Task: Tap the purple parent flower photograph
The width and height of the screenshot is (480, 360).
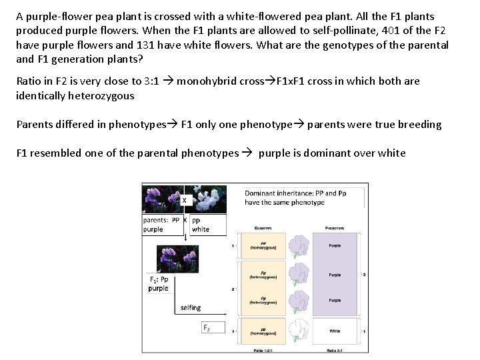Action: [161, 199]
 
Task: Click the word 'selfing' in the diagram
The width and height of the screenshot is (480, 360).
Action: [191, 308]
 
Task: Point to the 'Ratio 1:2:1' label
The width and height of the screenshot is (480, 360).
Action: [265, 351]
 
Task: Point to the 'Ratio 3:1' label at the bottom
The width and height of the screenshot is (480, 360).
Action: [335, 351]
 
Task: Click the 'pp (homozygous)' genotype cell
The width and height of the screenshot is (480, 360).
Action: [265, 331]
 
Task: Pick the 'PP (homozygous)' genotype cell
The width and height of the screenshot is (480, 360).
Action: [265, 245]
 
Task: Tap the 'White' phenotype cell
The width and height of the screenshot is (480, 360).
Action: [335, 331]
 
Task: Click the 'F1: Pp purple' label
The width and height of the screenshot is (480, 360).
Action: [159, 284]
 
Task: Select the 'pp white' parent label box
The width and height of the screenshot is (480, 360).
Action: [207, 225]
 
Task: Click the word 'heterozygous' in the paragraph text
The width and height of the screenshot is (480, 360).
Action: [101, 95]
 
